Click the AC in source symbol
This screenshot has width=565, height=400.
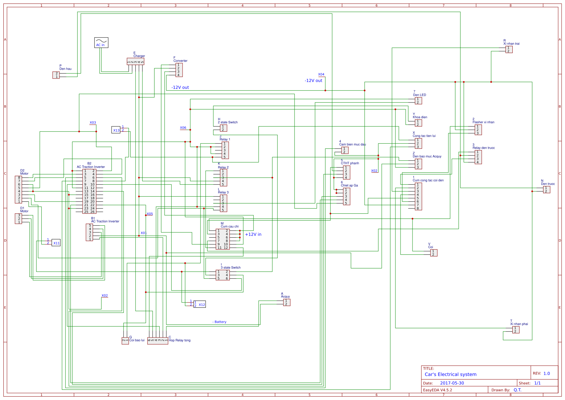101,42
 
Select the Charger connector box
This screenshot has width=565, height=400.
135,61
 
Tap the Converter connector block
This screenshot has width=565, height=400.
179,70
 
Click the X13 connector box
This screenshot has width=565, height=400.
116,130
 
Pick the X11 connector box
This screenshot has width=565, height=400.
56,243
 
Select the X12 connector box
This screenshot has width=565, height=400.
200,304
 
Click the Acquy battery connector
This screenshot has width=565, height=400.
287,302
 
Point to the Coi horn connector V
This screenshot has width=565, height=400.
433,253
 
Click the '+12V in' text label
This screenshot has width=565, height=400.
253,235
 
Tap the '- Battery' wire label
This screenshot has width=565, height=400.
220,322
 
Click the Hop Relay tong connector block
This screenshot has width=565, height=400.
158,341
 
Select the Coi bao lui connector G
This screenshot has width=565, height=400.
125,341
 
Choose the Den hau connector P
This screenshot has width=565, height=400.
56,75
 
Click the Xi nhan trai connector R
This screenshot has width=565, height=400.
509,49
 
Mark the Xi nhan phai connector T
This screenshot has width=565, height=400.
516,330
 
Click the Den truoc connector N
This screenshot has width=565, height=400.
547,189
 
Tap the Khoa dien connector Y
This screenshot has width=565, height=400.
418,123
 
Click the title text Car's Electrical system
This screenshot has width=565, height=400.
450,374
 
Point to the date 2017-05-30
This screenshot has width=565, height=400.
452,383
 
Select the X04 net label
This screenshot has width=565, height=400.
321,74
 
